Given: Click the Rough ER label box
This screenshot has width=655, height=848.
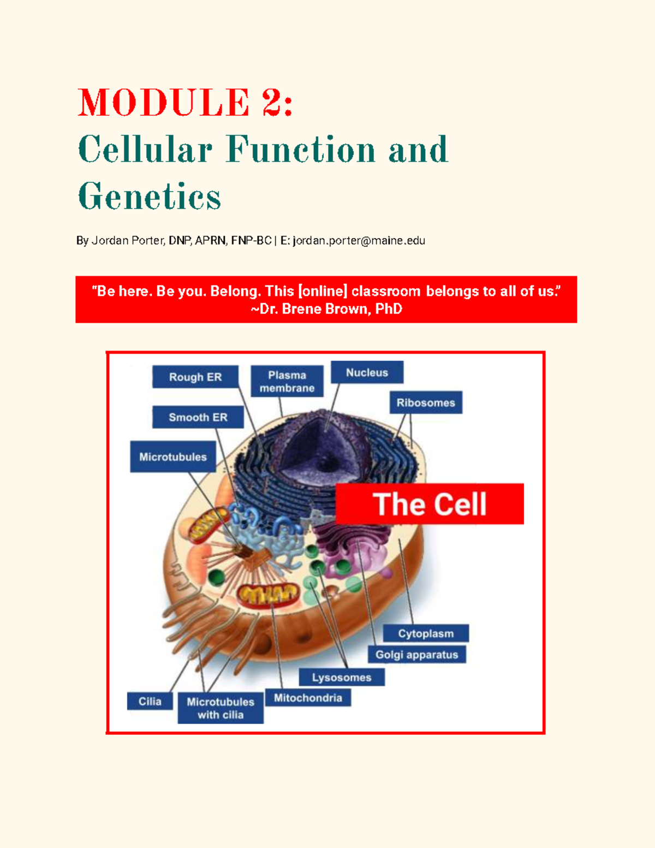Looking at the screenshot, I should coord(195,377).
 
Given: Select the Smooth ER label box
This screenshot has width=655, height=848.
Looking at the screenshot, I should coord(198,417).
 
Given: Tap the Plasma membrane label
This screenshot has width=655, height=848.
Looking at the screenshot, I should coord(287,381).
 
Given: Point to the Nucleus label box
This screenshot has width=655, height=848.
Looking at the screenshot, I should coord(367,372).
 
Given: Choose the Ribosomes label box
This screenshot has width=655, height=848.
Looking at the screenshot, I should coord(426,402).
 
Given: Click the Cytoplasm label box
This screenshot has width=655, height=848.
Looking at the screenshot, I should coord(426,633).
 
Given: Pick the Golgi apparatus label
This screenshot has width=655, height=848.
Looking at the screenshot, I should coord(416,654).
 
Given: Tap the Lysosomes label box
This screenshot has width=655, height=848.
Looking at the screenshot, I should coord(342,677).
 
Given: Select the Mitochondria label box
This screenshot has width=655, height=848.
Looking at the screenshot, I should coord(308,697).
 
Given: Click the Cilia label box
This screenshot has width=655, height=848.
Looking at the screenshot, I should coord(150,701).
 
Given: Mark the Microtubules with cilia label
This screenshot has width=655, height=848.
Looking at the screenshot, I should coord(221,708).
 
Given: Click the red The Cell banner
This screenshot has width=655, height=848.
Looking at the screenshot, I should coord(430,503).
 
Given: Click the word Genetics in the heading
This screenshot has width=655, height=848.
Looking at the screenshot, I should coord(150,196).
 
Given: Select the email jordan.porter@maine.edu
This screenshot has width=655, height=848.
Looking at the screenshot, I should coord(359,240).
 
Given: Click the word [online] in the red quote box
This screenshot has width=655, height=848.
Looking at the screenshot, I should coord(323,291).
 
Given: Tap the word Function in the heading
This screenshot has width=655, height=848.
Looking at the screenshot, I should coord(301,150).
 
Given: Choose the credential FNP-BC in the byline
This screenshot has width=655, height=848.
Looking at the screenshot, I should coord(251,240).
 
